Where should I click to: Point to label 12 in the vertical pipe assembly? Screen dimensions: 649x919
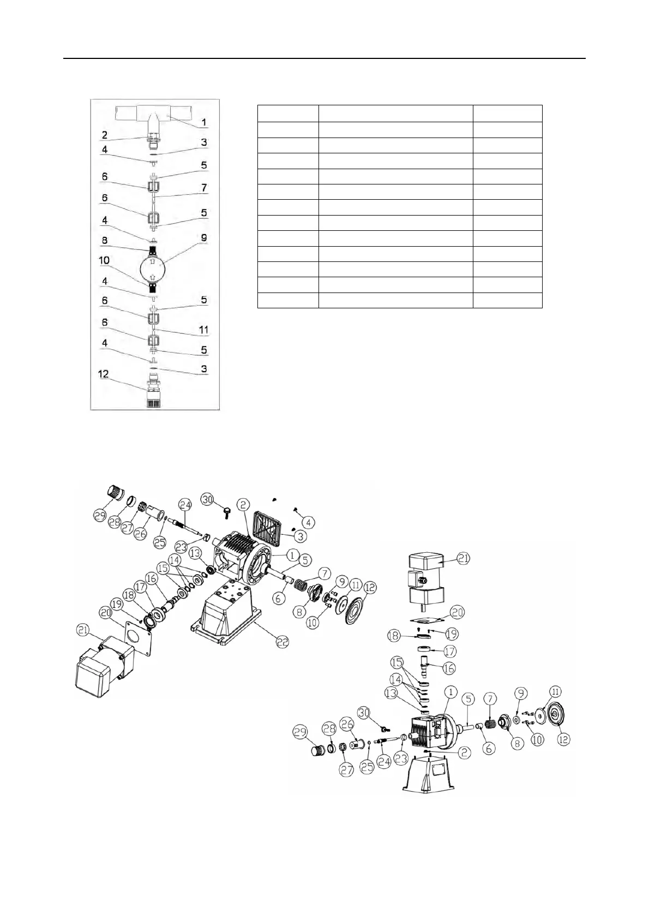(x=104, y=374)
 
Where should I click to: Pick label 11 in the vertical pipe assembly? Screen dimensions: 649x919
(x=204, y=330)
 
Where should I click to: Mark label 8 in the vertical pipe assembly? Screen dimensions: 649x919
(x=104, y=240)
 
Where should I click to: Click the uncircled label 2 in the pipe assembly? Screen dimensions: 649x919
(x=104, y=135)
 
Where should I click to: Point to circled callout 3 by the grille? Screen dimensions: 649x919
(x=301, y=536)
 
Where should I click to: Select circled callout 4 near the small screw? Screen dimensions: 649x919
(x=308, y=522)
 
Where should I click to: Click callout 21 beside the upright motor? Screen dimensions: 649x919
(x=464, y=559)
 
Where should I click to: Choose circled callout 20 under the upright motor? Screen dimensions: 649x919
(x=457, y=613)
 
